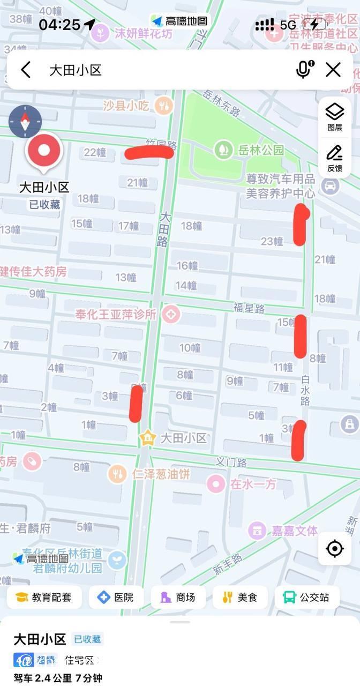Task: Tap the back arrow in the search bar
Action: (26, 70)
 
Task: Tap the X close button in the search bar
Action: (333, 70)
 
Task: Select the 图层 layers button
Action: (335, 117)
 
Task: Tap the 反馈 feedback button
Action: (335, 158)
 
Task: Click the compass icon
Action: (25, 122)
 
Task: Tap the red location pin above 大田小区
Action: (44, 152)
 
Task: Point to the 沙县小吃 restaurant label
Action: (126, 105)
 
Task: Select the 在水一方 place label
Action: (253, 484)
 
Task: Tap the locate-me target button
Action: (335, 548)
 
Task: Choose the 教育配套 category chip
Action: (44, 597)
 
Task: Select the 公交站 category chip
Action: (307, 597)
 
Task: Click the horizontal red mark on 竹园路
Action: (149, 153)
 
